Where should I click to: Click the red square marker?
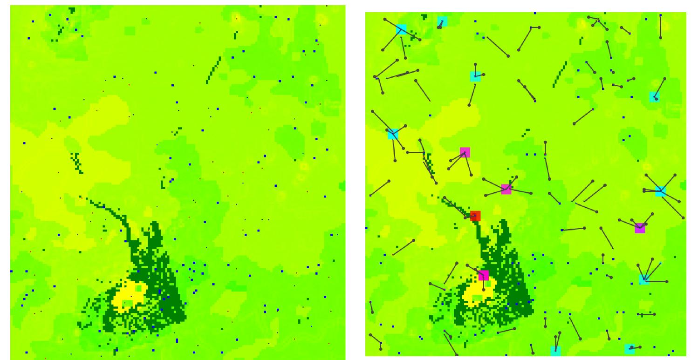pos(475,216)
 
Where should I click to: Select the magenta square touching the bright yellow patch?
pos(484,275)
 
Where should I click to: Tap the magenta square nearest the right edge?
pos(640,228)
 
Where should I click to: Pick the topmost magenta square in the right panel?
pos(465,152)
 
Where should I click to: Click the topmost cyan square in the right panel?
pos(442,21)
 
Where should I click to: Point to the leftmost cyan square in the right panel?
pos(393,134)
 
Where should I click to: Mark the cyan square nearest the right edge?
pos(660,191)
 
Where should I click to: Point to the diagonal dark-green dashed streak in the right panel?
pos(560,74)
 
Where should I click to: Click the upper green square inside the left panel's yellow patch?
pos(138,288)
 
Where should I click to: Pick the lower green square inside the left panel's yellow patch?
pos(127,304)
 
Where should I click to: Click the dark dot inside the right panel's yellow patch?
pos(484,289)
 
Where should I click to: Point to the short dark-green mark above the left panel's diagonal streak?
pos(236,34)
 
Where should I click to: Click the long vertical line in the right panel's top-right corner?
pos(660,27)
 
